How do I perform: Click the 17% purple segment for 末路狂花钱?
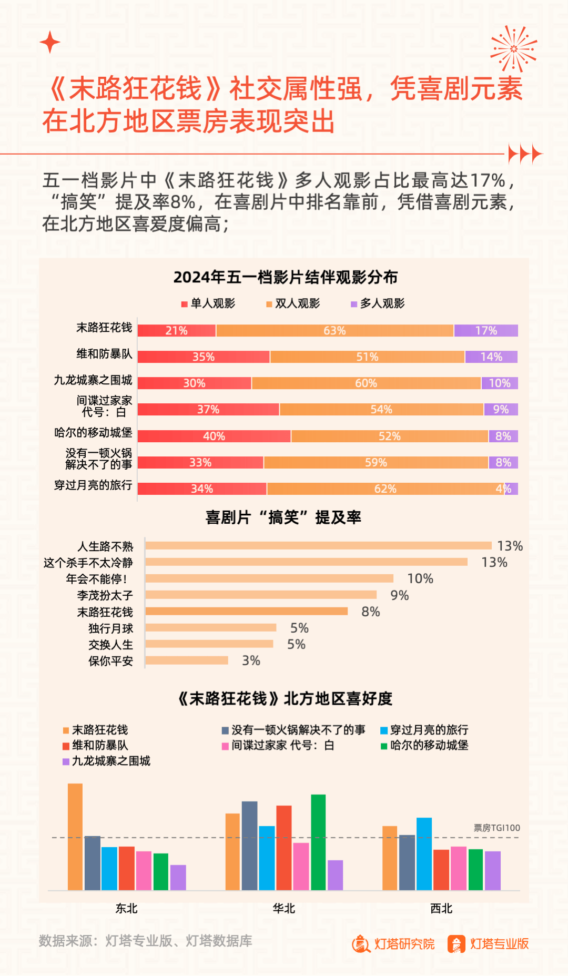pos(485,330)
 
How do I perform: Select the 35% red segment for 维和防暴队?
pos(204,357)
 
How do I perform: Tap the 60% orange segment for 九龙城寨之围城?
pos(366,383)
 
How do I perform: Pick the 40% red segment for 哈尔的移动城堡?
pos(214,436)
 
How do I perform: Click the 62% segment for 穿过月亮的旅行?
pos(385,489)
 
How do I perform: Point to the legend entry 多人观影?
pos(378,303)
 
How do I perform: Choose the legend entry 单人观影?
pos(208,303)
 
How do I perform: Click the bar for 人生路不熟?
pos(318,546)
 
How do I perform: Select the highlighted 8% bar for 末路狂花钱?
pos(246,611)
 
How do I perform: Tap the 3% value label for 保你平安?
pos(251,660)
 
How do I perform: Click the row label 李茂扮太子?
pos(105,595)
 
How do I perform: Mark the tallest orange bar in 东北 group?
pos(75,836)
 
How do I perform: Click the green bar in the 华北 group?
pos(318,842)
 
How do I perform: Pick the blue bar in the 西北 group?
pos(424,853)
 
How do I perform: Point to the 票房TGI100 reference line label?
pos(496,828)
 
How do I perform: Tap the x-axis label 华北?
pos(284,908)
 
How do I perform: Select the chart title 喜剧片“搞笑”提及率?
pos(283,517)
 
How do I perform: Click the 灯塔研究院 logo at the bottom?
pos(393,944)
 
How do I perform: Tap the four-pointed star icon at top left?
pos(50,42)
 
